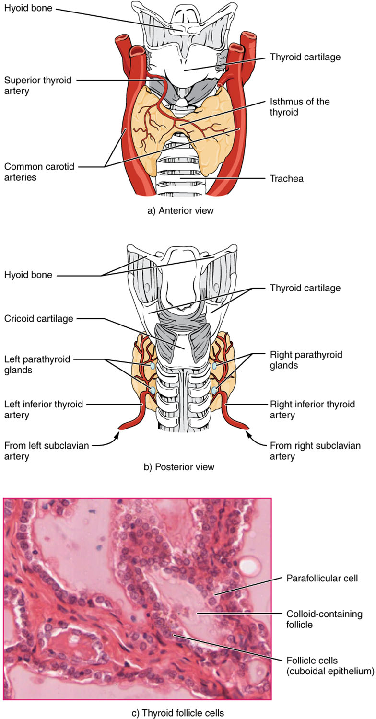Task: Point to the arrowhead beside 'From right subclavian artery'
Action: coord(248,435)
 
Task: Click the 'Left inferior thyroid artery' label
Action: coord(43,410)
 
